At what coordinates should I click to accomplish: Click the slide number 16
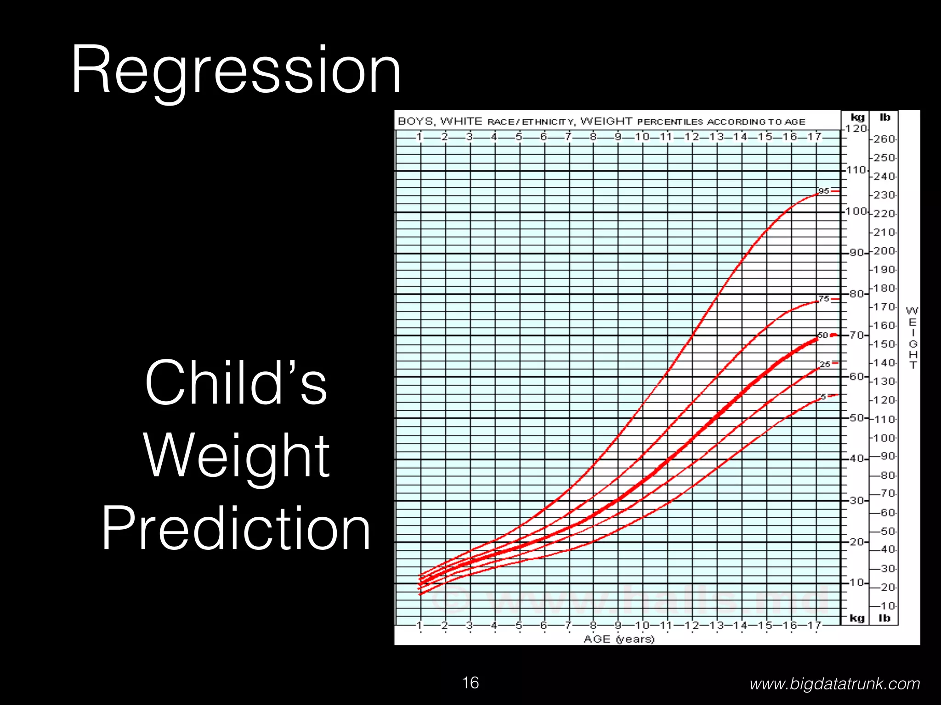pos(470,683)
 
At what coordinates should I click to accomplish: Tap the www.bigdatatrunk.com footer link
pos(834,684)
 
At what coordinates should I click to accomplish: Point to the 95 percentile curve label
pos(823,191)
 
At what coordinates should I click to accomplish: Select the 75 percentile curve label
pos(823,299)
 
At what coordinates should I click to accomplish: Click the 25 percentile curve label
pos(825,364)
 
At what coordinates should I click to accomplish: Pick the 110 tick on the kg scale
pos(856,170)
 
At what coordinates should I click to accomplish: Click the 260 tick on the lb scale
pos(884,139)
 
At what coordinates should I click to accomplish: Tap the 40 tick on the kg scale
pos(857,459)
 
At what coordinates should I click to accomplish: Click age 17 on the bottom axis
pos(815,625)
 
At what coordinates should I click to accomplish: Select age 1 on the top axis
pos(419,137)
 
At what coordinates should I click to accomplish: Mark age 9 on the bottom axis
pos(618,625)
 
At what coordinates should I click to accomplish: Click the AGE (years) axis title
pos(618,639)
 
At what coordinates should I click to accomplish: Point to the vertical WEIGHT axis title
pos(913,338)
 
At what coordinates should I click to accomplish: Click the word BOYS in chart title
pos(415,122)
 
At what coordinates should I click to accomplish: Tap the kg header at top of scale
pos(857,117)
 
